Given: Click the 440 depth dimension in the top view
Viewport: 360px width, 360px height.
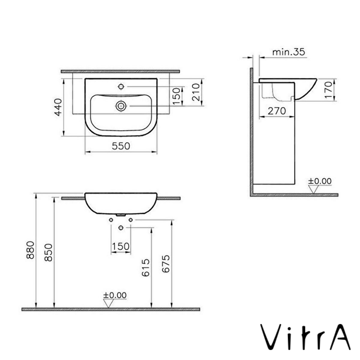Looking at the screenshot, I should (x=58, y=107).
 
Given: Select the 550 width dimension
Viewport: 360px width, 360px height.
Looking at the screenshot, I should (x=121, y=146).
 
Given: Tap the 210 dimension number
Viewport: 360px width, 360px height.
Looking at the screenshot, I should (x=196, y=92).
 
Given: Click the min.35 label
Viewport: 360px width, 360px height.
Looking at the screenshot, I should (x=288, y=52).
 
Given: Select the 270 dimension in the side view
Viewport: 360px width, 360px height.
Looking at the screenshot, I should (x=276, y=111).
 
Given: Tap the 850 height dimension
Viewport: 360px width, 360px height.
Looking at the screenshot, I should (x=48, y=253).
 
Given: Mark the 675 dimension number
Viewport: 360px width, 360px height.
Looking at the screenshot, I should (x=166, y=264).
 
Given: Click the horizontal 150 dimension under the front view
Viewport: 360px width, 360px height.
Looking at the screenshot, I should (x=120, y=246).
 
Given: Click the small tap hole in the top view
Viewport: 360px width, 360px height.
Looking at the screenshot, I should (x=121, y=87).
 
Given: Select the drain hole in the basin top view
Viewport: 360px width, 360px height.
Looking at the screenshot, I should (x=121, y=106).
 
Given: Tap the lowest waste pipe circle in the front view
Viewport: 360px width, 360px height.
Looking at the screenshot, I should (x=121, y=227).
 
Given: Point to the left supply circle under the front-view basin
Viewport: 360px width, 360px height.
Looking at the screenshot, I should (x=111, y=220).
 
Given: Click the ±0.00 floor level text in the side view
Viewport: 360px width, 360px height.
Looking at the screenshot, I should (x=320, y=181).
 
